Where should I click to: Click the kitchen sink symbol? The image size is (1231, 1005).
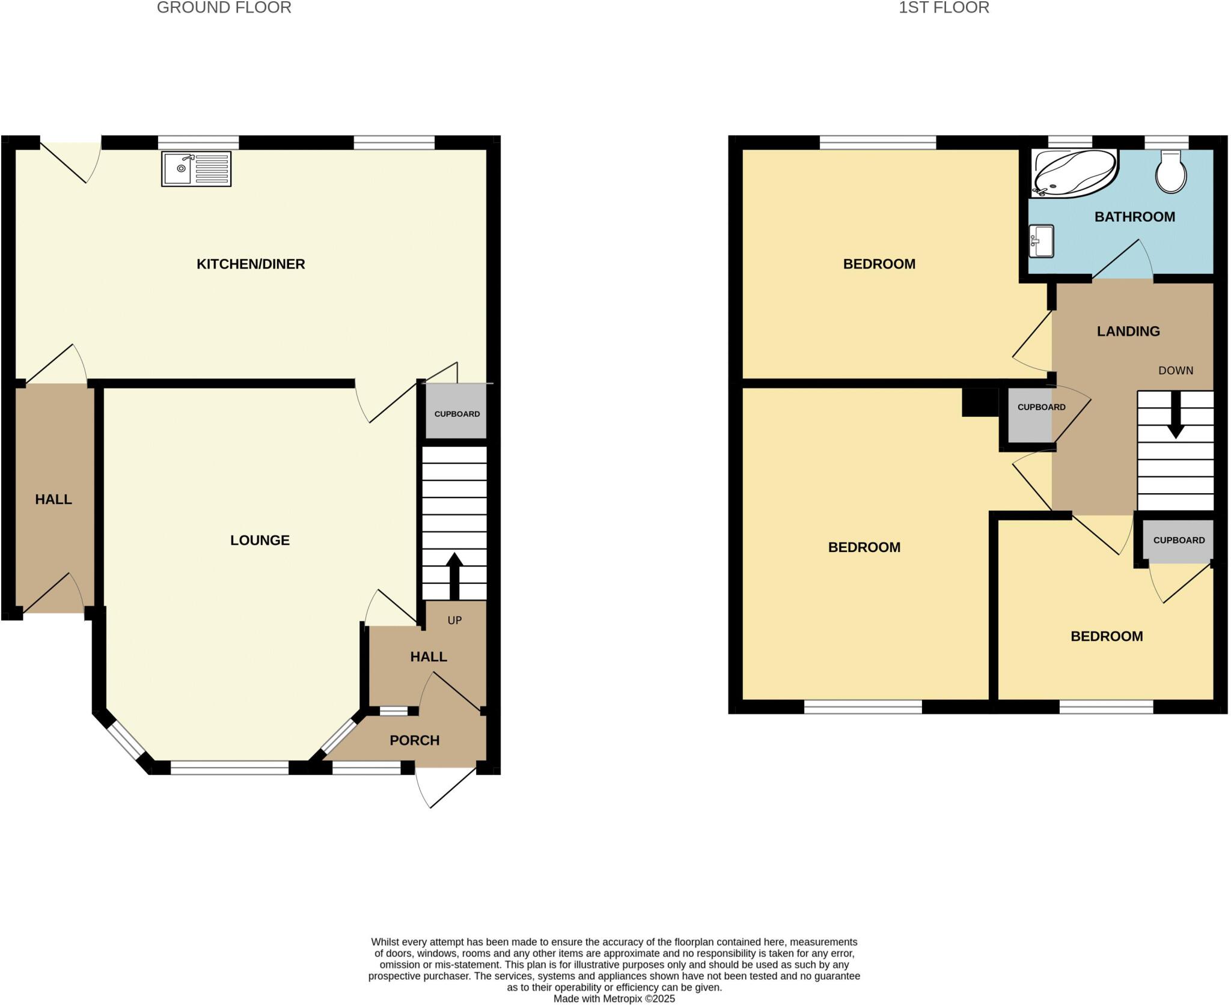[x=196, y=169]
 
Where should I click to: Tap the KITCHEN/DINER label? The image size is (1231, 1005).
[x=251, y=264]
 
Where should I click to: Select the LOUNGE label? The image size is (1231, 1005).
[x=260, y=540]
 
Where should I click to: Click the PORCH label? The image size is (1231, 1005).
[x=414, y=740]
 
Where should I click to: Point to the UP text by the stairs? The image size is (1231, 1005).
[x=454, y=620]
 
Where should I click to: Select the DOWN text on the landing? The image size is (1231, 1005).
[x=1175, y=371]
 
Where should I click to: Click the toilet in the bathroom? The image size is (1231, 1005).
[x=1171, y=172]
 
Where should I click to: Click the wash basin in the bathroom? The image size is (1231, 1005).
[x=1042, y=241]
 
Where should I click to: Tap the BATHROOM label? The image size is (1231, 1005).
[x=1134, y=217]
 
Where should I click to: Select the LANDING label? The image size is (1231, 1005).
[x=1128, y=331]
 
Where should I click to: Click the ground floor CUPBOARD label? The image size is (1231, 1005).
[x=457, y=414]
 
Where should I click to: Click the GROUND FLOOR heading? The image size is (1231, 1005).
[x=224, y=8]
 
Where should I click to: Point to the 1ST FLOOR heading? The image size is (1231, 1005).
[x=943, y=8]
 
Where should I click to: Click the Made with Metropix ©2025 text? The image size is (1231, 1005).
[x=614, y=998]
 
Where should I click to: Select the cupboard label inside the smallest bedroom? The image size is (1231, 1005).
[x=1178, y=540]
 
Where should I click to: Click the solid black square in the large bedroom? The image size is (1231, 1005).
[x=980, y=402]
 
